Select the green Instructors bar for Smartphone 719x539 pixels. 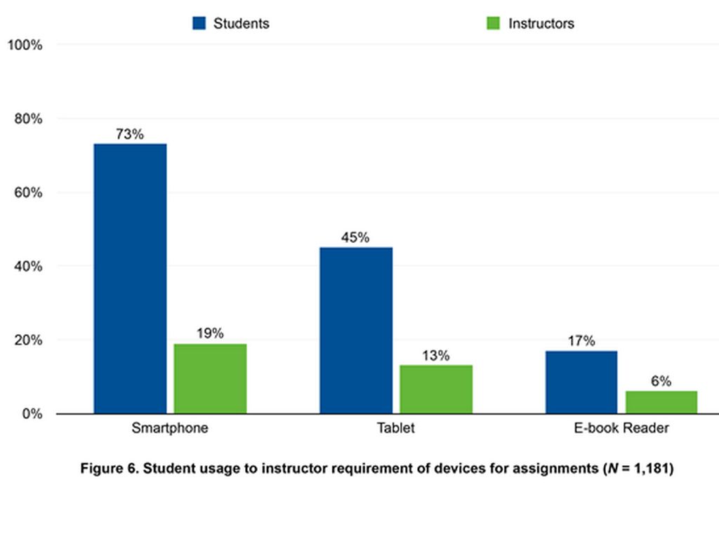211,378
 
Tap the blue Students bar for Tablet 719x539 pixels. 356,330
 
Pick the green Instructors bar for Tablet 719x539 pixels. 436,389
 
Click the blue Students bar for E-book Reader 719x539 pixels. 581,382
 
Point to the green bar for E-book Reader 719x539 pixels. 661,402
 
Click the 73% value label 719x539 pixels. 130,134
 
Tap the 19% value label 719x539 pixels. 210,333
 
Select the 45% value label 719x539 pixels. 355,237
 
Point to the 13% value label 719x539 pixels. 435,355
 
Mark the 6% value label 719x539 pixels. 661,381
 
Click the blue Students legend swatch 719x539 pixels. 199,23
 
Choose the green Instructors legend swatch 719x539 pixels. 494,23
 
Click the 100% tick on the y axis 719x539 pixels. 25,45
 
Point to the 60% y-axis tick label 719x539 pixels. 28,193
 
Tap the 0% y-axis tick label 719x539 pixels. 31,414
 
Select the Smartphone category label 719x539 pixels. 170,427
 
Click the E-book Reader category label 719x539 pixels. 621,427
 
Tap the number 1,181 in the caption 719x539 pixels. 650,469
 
